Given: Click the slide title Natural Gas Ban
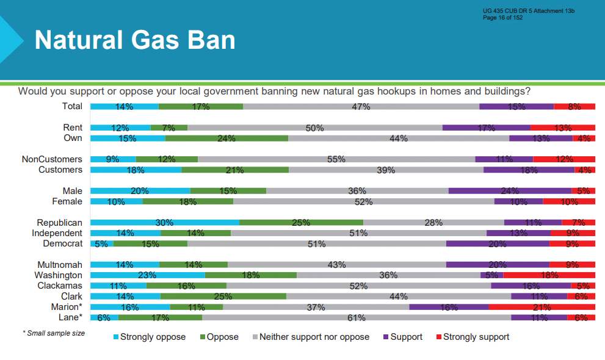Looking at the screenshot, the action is [135, 40].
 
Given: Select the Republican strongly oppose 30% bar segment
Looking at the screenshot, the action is [165, 222].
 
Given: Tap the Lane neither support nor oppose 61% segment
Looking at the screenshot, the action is [357, 318].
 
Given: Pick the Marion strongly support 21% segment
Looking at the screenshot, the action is [542, 307].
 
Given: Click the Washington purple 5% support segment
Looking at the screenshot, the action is [492, 275].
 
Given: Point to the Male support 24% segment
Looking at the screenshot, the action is [510, 191].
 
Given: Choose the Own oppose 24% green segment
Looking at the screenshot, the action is [227, 139].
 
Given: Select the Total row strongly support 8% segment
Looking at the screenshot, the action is [574, 107].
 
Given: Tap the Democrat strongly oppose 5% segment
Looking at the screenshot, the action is [102, 243].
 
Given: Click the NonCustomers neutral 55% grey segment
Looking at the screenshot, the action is [336, 159].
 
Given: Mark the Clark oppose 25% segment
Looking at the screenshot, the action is [223, 297].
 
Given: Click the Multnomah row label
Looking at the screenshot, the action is [60, 265].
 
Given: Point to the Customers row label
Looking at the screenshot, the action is [60, 170].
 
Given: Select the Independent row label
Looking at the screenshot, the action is [57, 233].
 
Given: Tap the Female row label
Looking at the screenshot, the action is [67, 201].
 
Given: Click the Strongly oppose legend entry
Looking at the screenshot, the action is [150, 337].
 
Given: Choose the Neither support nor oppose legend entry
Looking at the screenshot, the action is [311, 337].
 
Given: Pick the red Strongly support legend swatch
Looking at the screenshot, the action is [439, 337].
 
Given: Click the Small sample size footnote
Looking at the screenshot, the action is [54, 333].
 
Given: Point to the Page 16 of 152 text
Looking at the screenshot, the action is [503, 18].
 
